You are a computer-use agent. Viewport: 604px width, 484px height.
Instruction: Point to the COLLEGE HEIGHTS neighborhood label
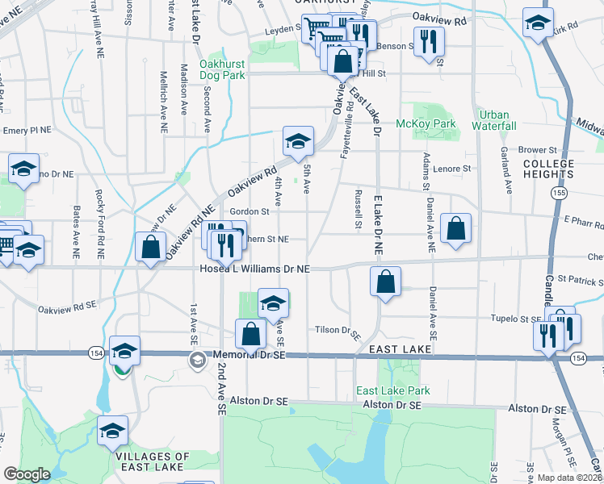click(548, 169)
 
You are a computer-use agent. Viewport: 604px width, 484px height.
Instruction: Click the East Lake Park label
click(394, 390)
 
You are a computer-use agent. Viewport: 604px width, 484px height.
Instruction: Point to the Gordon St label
click(248, 211)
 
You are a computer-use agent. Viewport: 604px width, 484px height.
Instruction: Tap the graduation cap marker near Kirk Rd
click(537, 23)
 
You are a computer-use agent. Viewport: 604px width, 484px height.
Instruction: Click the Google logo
click(27, 474)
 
